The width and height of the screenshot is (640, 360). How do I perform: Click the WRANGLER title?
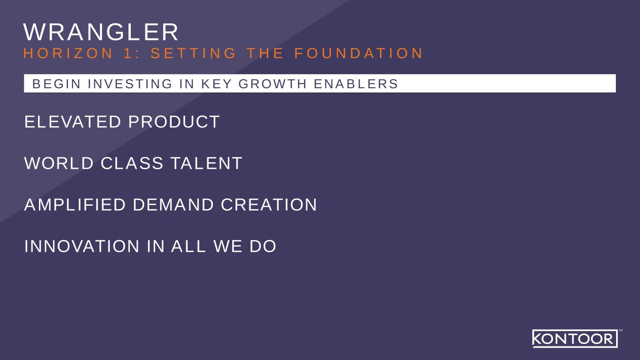click(101, 32)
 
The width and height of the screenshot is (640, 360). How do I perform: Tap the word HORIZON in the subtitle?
click(68, 53)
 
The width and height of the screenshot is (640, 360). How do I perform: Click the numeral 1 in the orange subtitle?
click(128, 53)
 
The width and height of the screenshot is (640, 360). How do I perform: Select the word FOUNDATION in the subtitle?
click(358, 53)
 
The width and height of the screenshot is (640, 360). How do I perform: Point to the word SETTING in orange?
click(194, 53)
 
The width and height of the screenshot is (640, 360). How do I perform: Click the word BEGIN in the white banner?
click(57, 84)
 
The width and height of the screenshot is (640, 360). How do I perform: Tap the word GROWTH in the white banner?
click(272, 84)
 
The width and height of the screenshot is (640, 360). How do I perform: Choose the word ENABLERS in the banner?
click(356, 84)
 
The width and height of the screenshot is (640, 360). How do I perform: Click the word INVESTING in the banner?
click(130, 84)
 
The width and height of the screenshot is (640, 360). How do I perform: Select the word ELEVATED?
click(73, 122)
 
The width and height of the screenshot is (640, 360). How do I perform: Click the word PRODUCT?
click(174, 122)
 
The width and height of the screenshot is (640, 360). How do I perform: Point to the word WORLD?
click(59, 163)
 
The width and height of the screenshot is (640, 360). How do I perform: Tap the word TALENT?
click(206, 163)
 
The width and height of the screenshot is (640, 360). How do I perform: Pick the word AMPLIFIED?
click(75, 204)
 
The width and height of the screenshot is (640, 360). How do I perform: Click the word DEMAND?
click(173, 204)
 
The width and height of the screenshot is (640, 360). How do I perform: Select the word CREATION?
click(269, 204)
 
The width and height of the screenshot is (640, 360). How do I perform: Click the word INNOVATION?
click(82, 246)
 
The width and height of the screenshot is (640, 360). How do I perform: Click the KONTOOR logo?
click(575, 338)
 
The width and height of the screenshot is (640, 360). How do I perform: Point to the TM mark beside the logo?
click(621, 330)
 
